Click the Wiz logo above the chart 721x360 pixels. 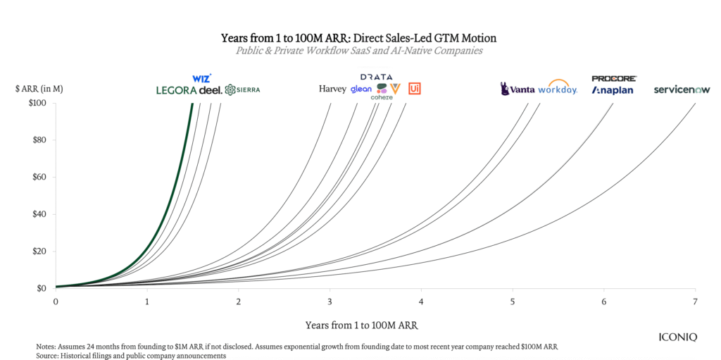coord(201,78)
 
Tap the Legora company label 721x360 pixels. coord(177,90)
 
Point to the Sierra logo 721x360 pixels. coord(242,89)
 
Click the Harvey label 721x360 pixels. coord(332,89)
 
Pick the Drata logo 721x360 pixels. coord(377,77)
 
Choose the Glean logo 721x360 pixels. coord(361,89)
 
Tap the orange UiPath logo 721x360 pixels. coord(415,89)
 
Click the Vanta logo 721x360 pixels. coord(518,89)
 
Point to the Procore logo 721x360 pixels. coord(614,78)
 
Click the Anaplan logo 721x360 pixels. coord(613,90)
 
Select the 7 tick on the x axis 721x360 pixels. coord(695,302)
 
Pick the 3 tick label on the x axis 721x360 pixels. coord(330,302)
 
